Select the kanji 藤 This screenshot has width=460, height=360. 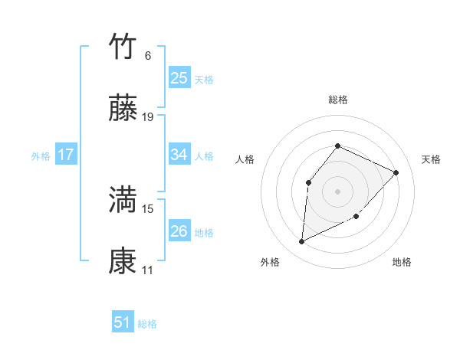pyautogui.click(x=123, y=109)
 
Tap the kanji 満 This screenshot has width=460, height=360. pyautogui.click(x=123, y=201)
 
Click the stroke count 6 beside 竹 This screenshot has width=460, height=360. pyautogui.click(x=148, y=56)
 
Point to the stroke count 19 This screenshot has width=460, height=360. pyautogui.click(x=148, y=117)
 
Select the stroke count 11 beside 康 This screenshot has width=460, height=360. pyautogui.click(x=148, y=270)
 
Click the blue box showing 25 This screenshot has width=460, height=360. pyautogui.click(x=179, y=77)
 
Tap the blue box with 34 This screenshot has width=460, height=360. pyautogui.click(x=179, y=155)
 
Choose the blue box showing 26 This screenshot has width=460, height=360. pyautogui.click(x=179, y=231)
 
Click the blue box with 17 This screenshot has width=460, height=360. pyautogui.click(x=66, y=155)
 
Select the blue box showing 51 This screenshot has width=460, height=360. pyautogui.click(x=123, y=322)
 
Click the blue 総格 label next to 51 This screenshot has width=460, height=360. pyautogui.click(x=147, y=324)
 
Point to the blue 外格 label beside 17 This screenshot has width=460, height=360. pyautogui.click(x=41, y=156)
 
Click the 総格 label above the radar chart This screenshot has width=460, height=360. pyautogui.click(x=337, y=100)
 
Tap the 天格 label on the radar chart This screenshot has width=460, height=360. pyautogui.click(x=432, y=159)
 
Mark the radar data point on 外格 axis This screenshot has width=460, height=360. pyautogui.click(x=301, y=242)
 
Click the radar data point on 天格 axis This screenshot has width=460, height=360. pyautogui.click(x=396, y=172)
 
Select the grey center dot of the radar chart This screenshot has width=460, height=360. pyautogui.click(x=337, y=191)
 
